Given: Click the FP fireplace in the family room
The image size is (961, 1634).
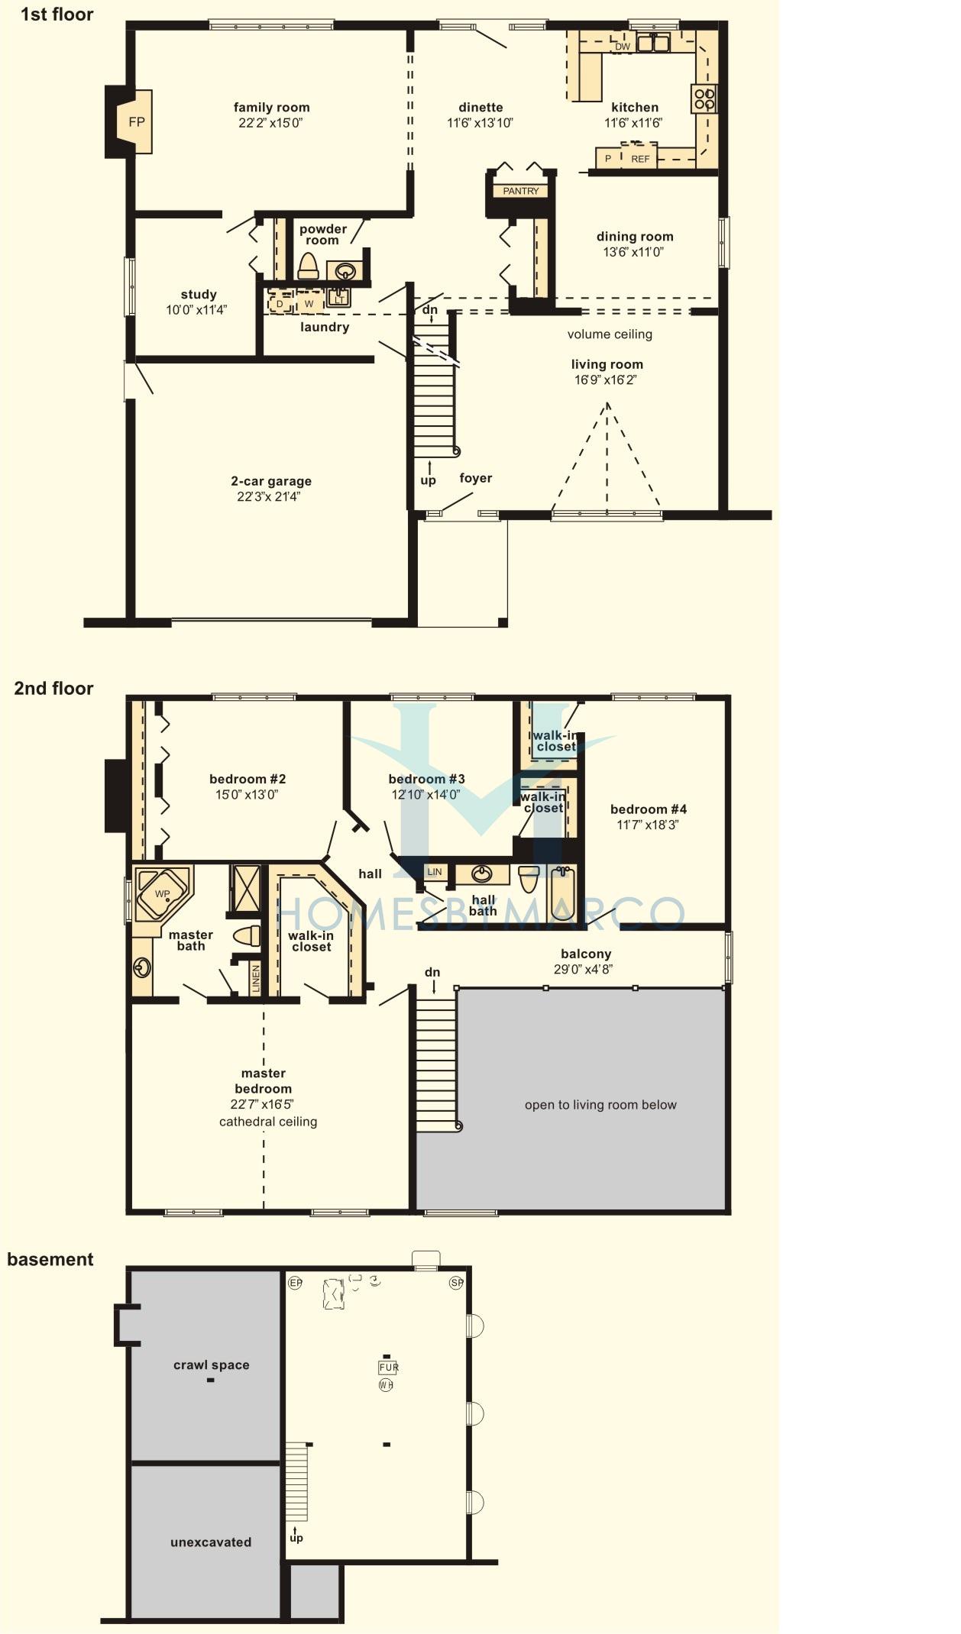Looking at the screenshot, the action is tap(134, 122).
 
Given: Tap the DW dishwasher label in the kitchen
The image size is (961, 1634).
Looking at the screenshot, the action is tap(623, 47).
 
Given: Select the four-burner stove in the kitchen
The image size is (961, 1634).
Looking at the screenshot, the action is tap(704, 98).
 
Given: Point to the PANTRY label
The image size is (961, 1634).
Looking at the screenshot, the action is tap(521, 191).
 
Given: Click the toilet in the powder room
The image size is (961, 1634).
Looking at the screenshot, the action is tap(308, 265).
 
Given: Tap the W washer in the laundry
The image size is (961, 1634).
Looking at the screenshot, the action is tap(309, 303).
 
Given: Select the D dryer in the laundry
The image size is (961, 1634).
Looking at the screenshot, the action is tap(280, 303).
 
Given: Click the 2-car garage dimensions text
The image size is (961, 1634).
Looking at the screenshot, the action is tap(269, 497).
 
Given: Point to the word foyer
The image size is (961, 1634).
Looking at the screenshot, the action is tap(475, 478).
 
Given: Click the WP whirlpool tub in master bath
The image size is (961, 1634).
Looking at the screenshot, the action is tap(162, 894).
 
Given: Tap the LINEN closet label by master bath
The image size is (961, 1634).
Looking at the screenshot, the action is tap(256, 979).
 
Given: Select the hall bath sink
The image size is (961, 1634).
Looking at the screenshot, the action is tap(481, 874).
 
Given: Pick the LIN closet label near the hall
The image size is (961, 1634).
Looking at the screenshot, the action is tap(434, 872).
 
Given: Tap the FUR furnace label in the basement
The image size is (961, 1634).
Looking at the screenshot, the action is tap(388, 1367).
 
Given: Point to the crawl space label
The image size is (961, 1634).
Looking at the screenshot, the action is tap(211, 1364).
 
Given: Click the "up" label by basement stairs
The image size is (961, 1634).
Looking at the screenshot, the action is tap(296, 1538).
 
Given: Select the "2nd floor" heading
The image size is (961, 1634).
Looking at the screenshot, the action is tap(53, 688).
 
